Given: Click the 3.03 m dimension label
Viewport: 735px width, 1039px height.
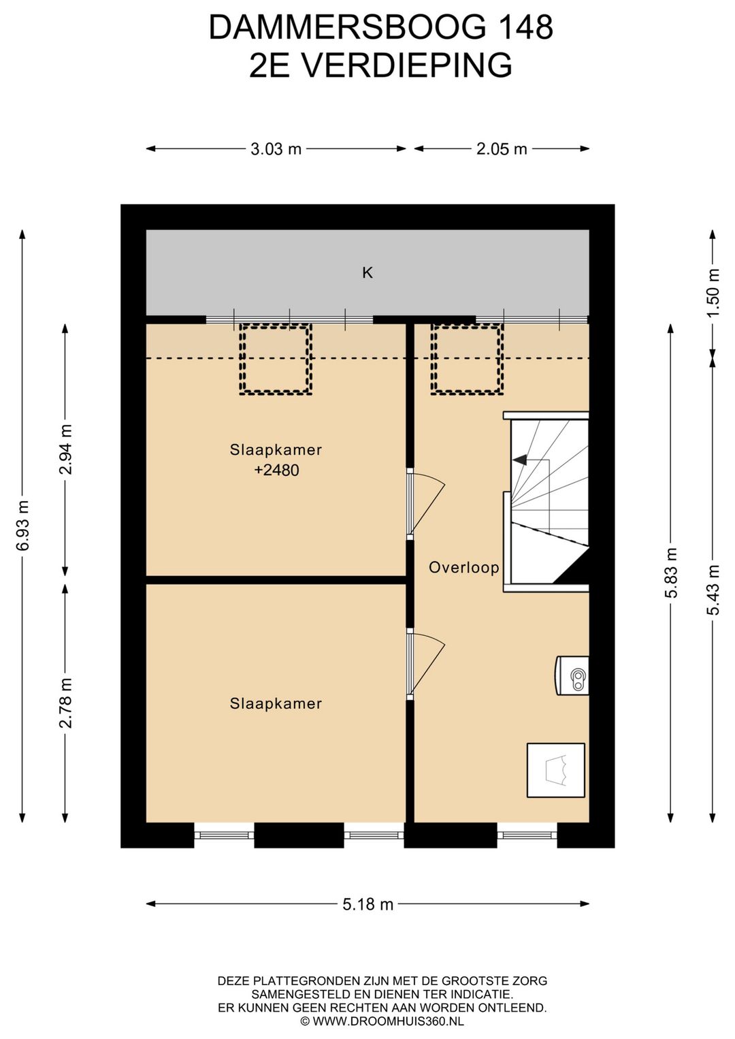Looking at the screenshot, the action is coord(276,149).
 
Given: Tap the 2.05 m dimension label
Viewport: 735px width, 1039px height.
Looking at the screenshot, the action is coord(502,149).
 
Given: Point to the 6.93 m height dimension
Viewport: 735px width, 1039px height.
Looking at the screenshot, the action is coord(22,526).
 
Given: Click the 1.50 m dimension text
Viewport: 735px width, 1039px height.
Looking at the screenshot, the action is coord(713,292).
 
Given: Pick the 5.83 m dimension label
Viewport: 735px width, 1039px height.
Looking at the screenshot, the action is coord(670,573).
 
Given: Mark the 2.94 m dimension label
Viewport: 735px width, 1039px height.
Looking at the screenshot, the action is coord(65,449).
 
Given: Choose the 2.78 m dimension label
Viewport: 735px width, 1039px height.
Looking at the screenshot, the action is coord(65,703).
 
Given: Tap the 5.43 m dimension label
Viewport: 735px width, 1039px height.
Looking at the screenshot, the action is coord(713,590).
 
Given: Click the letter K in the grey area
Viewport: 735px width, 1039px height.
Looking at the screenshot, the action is coord(367,273).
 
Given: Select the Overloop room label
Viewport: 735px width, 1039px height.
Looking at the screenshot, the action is coord(463,567).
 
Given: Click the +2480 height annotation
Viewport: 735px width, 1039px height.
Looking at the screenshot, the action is coord(276,470).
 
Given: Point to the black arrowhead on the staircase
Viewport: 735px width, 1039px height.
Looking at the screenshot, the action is coord(520,460).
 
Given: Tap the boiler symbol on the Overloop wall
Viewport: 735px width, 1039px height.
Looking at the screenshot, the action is coord(572,675).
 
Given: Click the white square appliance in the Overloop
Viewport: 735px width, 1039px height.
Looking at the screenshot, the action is coord(555,771).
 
